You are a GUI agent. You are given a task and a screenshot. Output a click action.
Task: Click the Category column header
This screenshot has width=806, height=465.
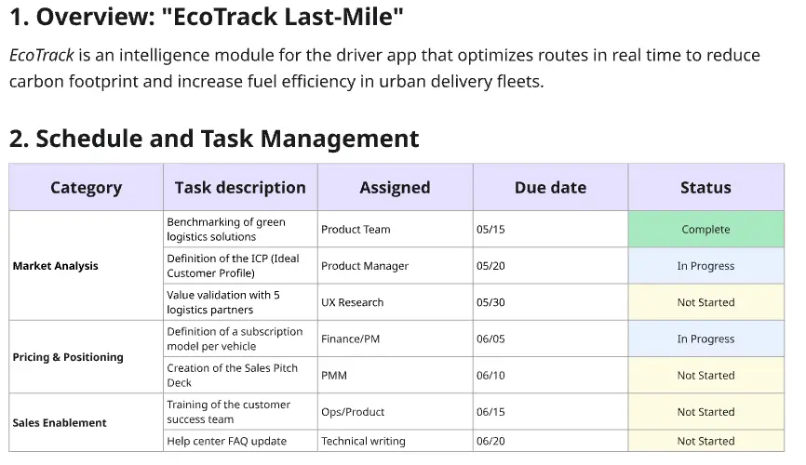tap(86, 187)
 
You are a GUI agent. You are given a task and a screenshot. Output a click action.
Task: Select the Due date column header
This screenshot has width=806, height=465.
tap(550, 187)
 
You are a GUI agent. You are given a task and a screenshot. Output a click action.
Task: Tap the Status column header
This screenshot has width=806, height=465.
tap(705, 187)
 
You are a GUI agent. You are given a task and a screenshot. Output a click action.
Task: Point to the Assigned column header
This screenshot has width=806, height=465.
tap(395, 187)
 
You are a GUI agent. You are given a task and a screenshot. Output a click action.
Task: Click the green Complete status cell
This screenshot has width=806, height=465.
tap(705, 229)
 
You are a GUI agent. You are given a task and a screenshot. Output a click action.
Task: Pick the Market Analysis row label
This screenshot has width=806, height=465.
tap(56, 266)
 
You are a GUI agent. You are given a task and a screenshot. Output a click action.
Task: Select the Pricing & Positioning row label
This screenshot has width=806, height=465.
tap(68, 357)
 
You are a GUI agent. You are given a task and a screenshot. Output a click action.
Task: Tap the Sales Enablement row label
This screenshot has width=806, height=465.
tap(60, 422)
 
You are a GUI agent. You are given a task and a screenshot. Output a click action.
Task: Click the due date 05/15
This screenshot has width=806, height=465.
tap(490, 229)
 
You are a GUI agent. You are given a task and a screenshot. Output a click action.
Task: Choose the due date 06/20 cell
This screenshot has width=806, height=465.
tap(490, 441)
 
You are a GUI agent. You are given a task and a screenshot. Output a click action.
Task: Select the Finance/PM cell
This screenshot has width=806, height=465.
tap(350, 339)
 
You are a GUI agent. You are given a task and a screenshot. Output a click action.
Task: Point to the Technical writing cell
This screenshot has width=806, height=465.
tap(363, 441)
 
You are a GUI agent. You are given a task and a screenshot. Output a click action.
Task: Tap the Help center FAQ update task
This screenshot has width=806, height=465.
tap(226, 441)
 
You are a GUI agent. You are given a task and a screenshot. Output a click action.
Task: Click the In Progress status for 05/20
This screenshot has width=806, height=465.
tap(705, 266)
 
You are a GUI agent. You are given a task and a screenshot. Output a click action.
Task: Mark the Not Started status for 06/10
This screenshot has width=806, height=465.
tap(705, 376)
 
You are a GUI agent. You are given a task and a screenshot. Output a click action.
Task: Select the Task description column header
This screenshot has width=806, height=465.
tap(240, 187)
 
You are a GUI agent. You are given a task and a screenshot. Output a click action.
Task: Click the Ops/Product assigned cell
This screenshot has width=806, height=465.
tap(353, 412)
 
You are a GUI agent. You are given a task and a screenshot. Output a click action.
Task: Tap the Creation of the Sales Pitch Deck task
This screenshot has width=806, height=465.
tap(232, 375)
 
